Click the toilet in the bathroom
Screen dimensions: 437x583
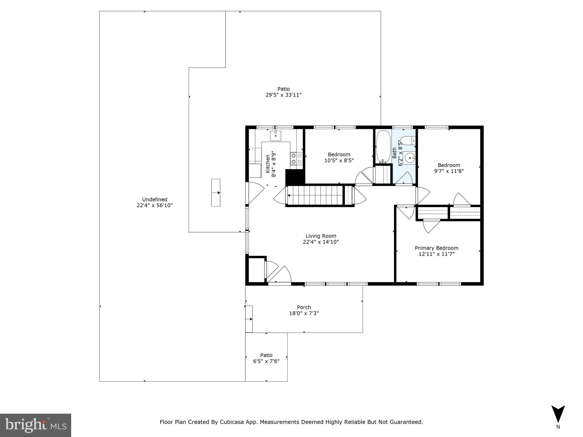(407, 141)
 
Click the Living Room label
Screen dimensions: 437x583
(321, 236)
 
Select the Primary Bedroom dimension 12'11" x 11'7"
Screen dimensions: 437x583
(436, 254)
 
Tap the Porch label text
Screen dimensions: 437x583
(304, 307)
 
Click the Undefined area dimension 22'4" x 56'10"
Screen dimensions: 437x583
(155, 205)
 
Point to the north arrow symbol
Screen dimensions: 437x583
(558, 414)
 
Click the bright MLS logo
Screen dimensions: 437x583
(36, 425)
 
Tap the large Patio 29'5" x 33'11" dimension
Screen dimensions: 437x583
(283, 95)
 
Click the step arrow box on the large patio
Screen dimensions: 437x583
(216, 193)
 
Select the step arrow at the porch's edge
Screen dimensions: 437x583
(249, 319)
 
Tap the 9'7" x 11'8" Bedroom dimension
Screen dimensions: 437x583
(449, 171)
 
